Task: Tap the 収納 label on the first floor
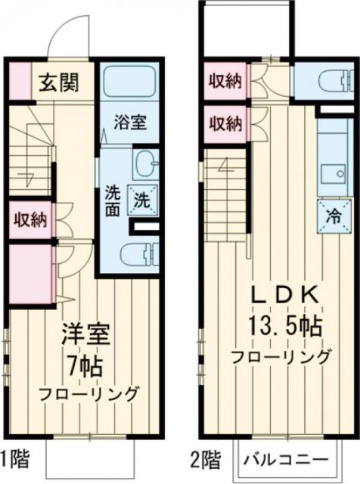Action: pyautogui.click(x=29, y=220)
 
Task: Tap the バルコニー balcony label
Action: pyautogui.click(x=286, y=459)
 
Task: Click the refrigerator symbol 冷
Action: pyautogui.click(x=331, y=213)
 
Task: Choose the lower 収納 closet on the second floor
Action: pyautogui.click(x=225, y=121)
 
